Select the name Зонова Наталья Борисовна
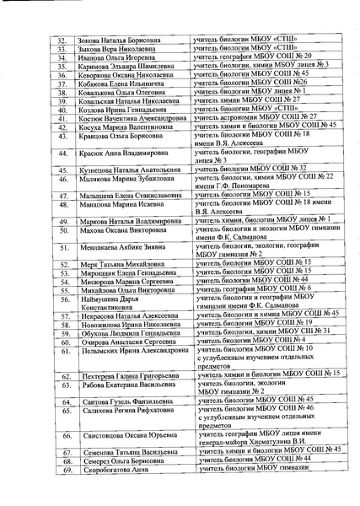(116, 40)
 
